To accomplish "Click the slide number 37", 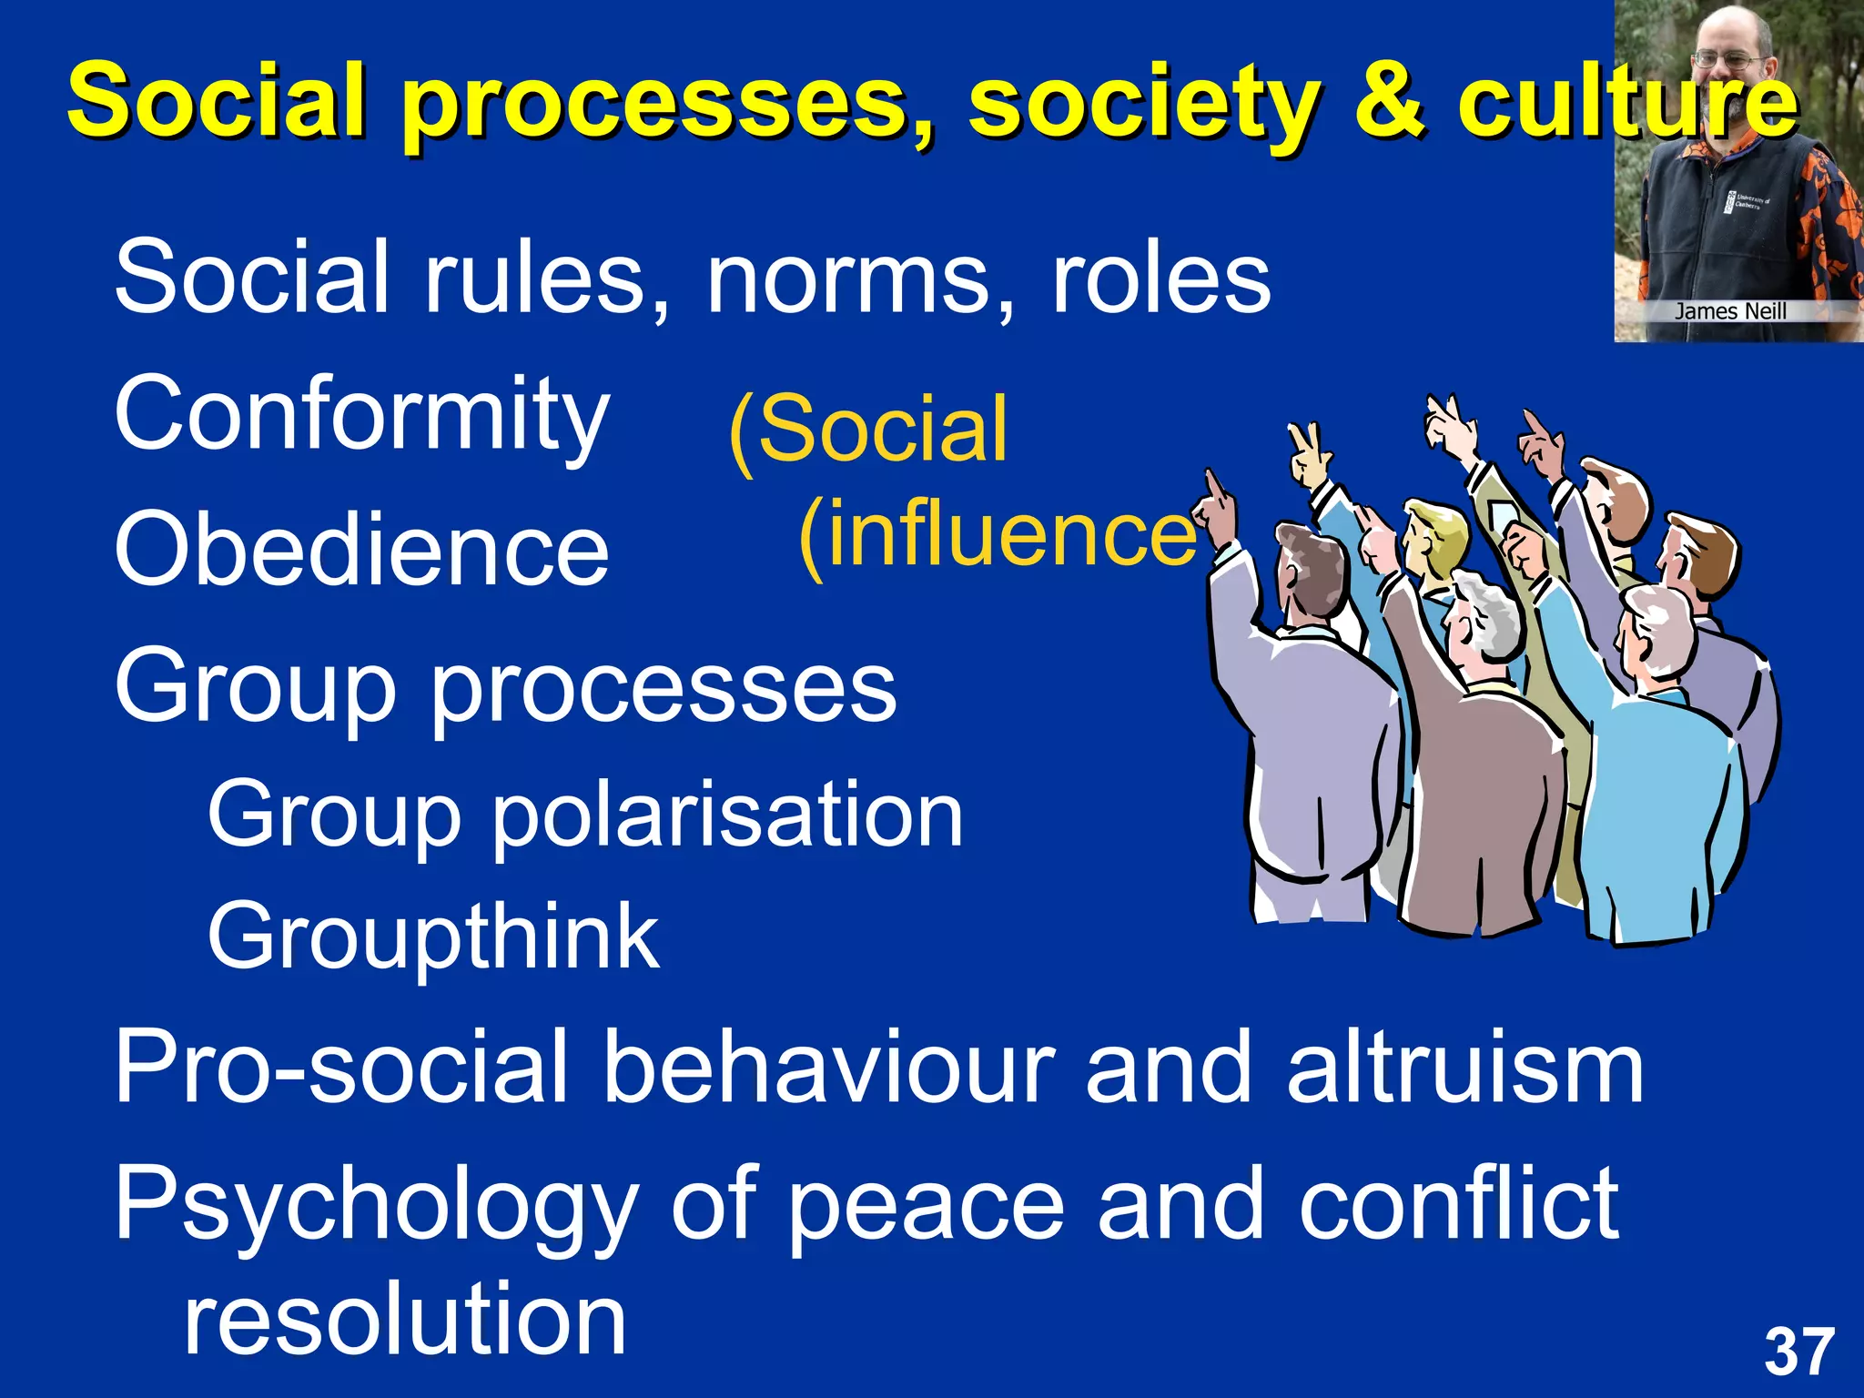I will click(1798, 1352).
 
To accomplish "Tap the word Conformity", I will click(361, 414).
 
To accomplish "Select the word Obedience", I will click(361, 550).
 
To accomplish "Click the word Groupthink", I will click(433, 937).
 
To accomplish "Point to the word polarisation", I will click(727, 815).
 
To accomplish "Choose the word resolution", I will click(405, 1319).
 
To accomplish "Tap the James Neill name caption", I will click(1730, 311).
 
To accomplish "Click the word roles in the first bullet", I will click(1160, 278).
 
